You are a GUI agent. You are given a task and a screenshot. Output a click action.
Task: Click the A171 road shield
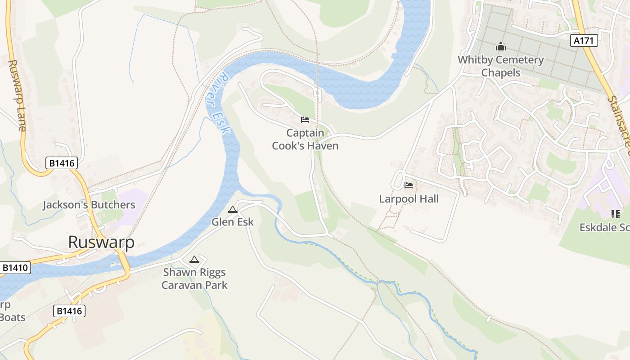tap(585, 40)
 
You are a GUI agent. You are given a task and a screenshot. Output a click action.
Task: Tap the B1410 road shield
tap(15, 268)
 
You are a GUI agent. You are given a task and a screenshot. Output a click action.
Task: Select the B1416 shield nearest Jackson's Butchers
tap(62, 163)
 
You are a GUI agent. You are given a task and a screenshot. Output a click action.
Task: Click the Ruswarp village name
tap(101, 242)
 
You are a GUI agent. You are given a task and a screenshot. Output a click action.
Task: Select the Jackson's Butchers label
tap(89, 205)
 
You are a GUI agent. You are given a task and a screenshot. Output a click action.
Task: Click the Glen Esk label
tap(233, 222)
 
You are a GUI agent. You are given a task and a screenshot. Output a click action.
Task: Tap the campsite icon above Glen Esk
tap(232, 209)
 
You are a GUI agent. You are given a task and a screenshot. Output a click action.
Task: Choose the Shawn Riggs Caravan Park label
tap(194, 279)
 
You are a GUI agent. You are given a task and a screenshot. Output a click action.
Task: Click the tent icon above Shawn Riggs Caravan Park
tap(194, 259)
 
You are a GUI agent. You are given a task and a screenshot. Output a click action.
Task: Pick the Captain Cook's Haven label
tap(305, 139)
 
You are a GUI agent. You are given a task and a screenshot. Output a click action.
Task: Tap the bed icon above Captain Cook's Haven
tap(305, 120)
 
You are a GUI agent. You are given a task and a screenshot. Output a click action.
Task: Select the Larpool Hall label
tap(409, 199)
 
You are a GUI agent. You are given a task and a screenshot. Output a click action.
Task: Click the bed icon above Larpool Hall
tap(409, 185)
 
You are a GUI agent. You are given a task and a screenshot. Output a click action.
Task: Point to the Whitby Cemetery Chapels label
tap(501, 66)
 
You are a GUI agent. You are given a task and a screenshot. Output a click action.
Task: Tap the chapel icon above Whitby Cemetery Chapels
tap(501, 46)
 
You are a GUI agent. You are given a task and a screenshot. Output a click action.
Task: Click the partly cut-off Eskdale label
tap(604, 228)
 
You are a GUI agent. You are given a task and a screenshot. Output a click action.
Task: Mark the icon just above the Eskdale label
tap(615, 214)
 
